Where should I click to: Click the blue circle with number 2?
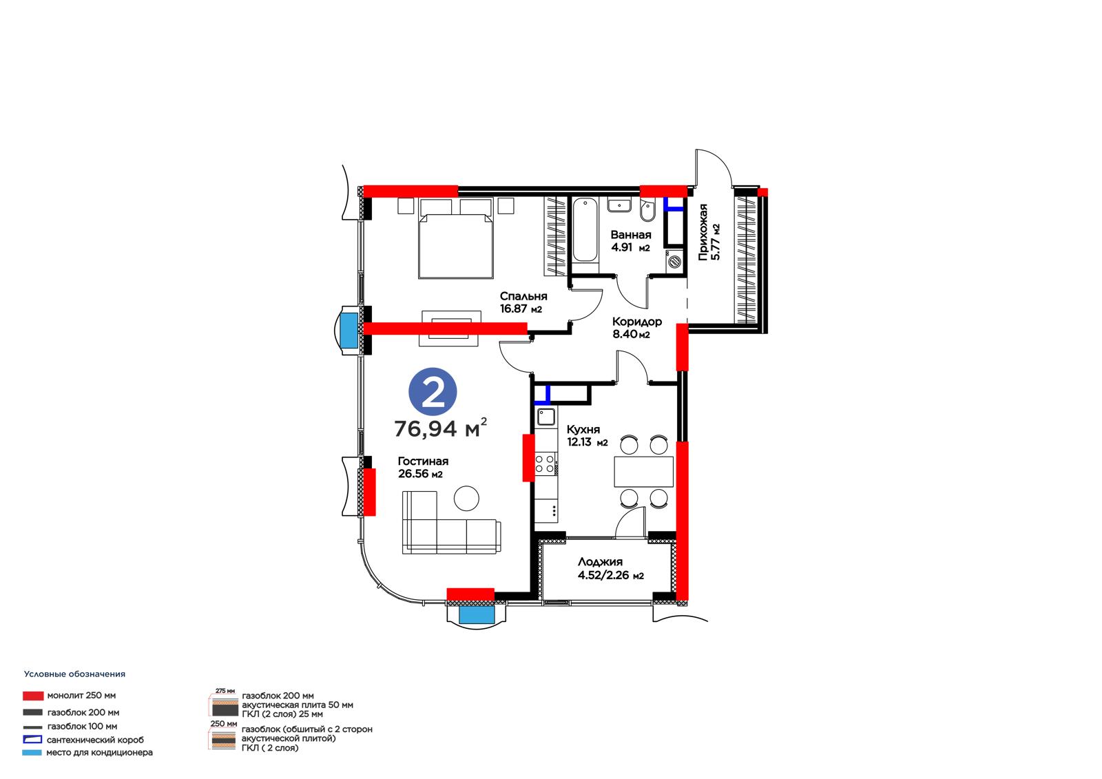(433, 392)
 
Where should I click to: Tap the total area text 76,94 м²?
(440, 428)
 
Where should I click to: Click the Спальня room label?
(523, 296)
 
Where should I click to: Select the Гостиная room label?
(423, 461)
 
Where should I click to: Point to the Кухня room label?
(583, 430)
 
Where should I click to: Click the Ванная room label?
(631, 236)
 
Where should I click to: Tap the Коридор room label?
(637, 322)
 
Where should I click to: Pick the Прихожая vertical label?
(703, 232)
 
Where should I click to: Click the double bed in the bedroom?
(455, 239)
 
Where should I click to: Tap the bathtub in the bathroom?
(585, 229)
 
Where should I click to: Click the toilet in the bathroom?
(647, 210)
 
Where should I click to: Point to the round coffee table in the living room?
(466, 499)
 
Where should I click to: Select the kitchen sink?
(545, 417)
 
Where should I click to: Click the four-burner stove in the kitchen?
(545, 464)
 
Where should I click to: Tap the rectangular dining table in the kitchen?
(643, 471)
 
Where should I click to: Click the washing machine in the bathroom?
(674, 261)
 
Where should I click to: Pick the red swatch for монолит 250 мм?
(33, 696)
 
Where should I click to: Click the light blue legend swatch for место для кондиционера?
(32, 752)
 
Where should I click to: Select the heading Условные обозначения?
(75, 674)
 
